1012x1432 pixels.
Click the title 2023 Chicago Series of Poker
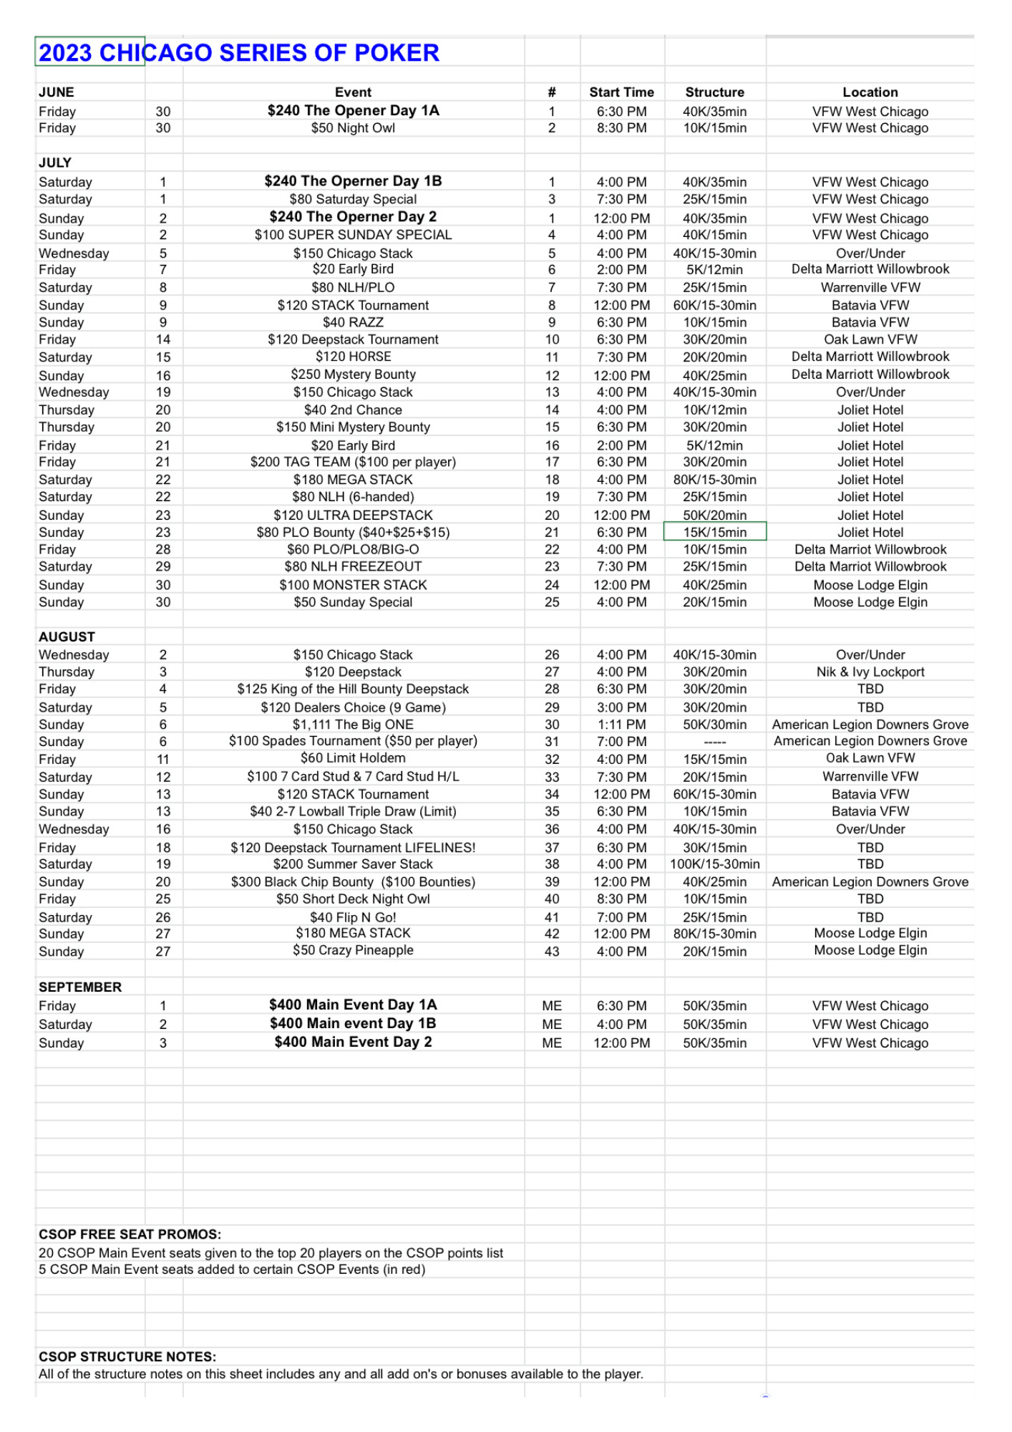(239, 53)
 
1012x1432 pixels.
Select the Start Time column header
(621, 92)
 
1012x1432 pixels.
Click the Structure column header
(714, 92)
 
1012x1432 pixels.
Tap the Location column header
(870, 92)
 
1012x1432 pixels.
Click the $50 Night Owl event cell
(353, 128)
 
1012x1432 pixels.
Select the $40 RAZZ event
(353, 323)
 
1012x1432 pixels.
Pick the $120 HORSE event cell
(353, 357)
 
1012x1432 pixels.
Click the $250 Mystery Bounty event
(353, 374)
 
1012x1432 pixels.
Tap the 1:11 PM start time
(621, 725)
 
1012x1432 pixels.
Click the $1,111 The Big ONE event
(353, 725)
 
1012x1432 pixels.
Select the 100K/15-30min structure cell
(714, 864)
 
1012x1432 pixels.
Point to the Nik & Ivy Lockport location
(870, 672)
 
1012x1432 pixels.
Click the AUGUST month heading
(67, 637)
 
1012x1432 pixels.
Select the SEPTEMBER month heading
(80, 987)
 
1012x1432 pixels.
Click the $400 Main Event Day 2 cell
(353, 1042)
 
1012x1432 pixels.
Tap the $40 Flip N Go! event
(353, 917)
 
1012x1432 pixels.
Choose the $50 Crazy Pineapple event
(353, 951)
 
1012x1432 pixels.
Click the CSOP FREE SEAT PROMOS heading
(130, 1234)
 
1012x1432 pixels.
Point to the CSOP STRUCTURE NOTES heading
(127, 1357)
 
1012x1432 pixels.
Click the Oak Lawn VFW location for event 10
(870, 340)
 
